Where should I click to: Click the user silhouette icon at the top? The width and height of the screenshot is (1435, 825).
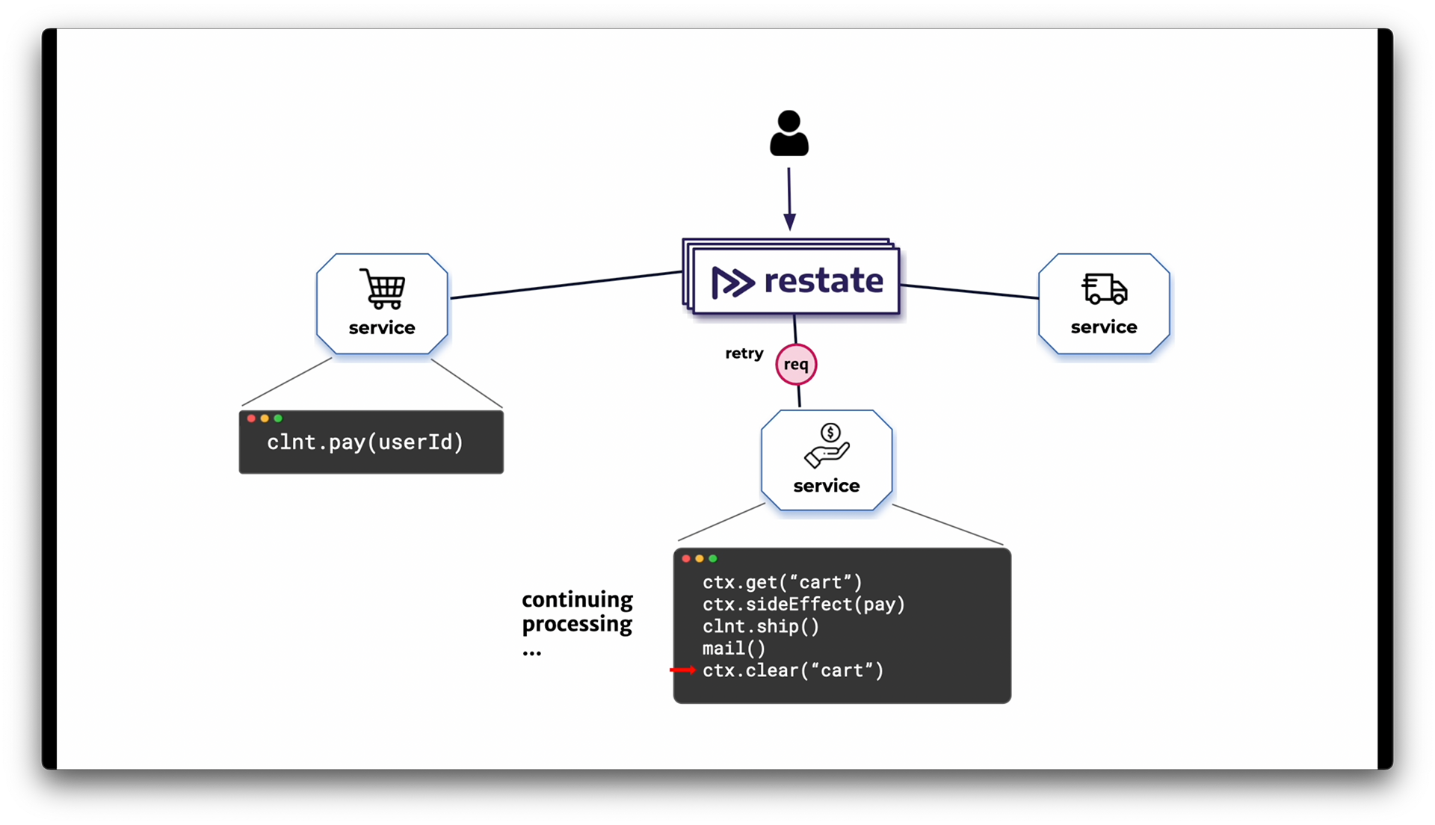[789, 133]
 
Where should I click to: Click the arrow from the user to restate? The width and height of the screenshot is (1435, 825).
[789, 199]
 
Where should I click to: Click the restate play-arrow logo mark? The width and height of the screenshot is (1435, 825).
[732, 282]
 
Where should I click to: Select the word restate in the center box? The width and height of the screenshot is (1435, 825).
[824, 281]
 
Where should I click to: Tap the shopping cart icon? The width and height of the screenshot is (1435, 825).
[383, 288]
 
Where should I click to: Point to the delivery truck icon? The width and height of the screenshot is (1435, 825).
[1104, 288]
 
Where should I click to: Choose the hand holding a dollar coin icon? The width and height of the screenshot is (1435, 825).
[827, 445]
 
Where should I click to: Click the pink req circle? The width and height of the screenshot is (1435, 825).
[796, 365]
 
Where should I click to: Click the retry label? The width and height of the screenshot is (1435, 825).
[744, 353]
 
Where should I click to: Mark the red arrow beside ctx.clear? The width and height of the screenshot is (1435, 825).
[682, 670]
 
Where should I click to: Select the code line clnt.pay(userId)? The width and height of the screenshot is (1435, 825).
[365, 442]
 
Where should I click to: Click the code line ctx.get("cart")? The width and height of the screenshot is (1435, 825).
[783, 582]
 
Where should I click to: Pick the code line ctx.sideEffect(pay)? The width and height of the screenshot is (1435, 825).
[803, 604]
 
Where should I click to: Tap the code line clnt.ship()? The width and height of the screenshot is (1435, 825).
[761, 626]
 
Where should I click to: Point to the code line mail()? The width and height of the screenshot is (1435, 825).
[734, 649]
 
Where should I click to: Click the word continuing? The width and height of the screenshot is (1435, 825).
[577, 600]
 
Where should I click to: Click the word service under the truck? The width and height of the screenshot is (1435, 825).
[1104, 327]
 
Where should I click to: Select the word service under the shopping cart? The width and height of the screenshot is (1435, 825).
[382, 327]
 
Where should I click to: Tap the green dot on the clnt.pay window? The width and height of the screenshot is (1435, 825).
[278, 418]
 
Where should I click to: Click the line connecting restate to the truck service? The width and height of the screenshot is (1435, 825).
[969, 291]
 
